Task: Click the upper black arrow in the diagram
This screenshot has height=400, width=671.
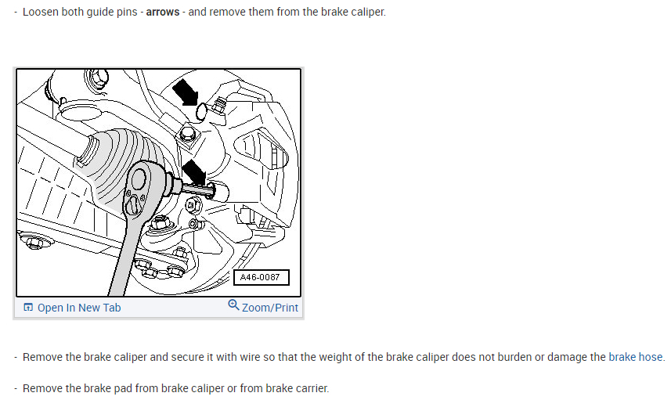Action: tap(186, 91)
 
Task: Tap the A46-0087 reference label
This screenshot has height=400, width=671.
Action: tap(262, 277)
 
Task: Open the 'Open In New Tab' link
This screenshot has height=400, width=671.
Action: tap(79, 308)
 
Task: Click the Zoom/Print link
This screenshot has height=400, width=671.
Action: tap(270, 308)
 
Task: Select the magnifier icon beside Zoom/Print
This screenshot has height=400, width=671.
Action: tap(233, 305)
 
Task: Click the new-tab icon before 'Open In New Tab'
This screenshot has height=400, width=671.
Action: tap(28, 308)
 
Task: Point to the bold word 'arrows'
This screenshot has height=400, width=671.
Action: tap(163, 13)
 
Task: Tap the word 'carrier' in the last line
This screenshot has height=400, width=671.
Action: tap(310, 388)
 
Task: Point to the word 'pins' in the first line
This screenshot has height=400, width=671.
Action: tap(128, 13)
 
